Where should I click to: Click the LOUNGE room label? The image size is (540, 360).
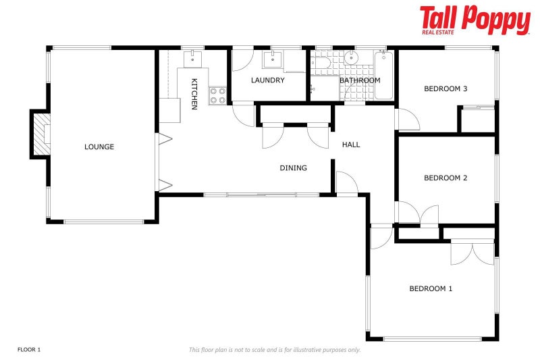[x=99, y=147]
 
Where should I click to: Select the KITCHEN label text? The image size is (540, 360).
[x=194, y=93]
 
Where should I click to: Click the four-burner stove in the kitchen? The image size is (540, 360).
[x=217, y=95]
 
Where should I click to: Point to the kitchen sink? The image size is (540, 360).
[x=192, y=57]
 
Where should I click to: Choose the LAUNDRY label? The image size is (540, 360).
[x=268, y=80]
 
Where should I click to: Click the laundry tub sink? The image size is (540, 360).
[x=273, y=59]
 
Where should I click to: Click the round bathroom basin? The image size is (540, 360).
[x=350, y=58]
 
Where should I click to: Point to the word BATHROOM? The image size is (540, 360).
[x=360, y=80]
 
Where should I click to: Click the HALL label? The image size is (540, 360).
[x=351, y=145]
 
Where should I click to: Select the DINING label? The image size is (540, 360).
[x=294, y=168]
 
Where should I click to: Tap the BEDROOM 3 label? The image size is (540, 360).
[x=446, y=88]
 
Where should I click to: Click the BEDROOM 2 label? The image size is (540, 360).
[x=446, y=178]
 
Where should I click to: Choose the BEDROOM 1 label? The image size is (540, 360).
[x=431, y=288]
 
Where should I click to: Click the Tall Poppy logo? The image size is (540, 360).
[x=475, y=20]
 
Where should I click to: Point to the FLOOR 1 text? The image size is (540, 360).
[x=29, y=349]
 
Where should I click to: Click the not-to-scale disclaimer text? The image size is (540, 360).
[x=274, y=350]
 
